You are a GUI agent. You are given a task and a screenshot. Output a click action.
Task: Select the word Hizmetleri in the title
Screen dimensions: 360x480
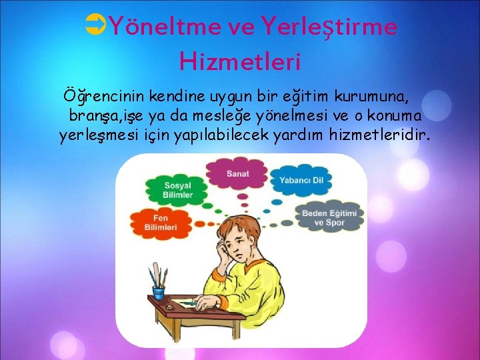pos(240,61)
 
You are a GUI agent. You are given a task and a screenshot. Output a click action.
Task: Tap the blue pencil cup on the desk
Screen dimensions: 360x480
pos(159,291)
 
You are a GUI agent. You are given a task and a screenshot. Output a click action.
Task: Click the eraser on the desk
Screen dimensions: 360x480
pos(169,306)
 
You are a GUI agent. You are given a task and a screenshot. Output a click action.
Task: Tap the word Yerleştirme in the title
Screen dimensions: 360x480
pos(330,27)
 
